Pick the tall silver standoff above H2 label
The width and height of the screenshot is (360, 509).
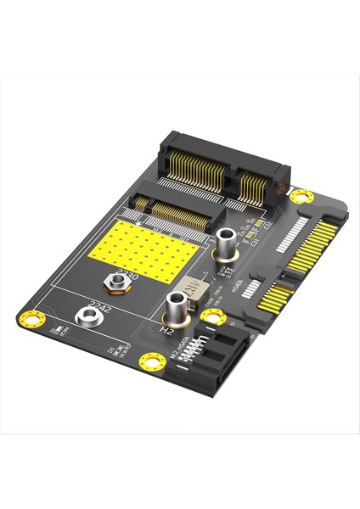tap(177, 307)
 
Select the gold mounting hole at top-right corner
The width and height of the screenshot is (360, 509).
tap(298, 196)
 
